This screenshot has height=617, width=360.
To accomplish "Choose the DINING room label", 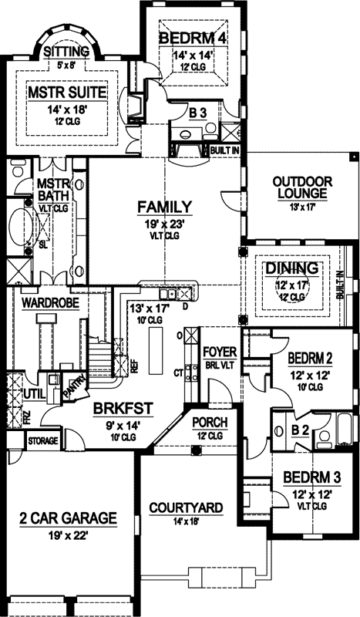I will [292, 268].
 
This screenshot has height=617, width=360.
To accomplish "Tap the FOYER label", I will [218, 352].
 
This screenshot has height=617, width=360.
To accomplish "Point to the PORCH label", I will [209, 423].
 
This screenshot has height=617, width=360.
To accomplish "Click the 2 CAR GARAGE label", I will [69, 517].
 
